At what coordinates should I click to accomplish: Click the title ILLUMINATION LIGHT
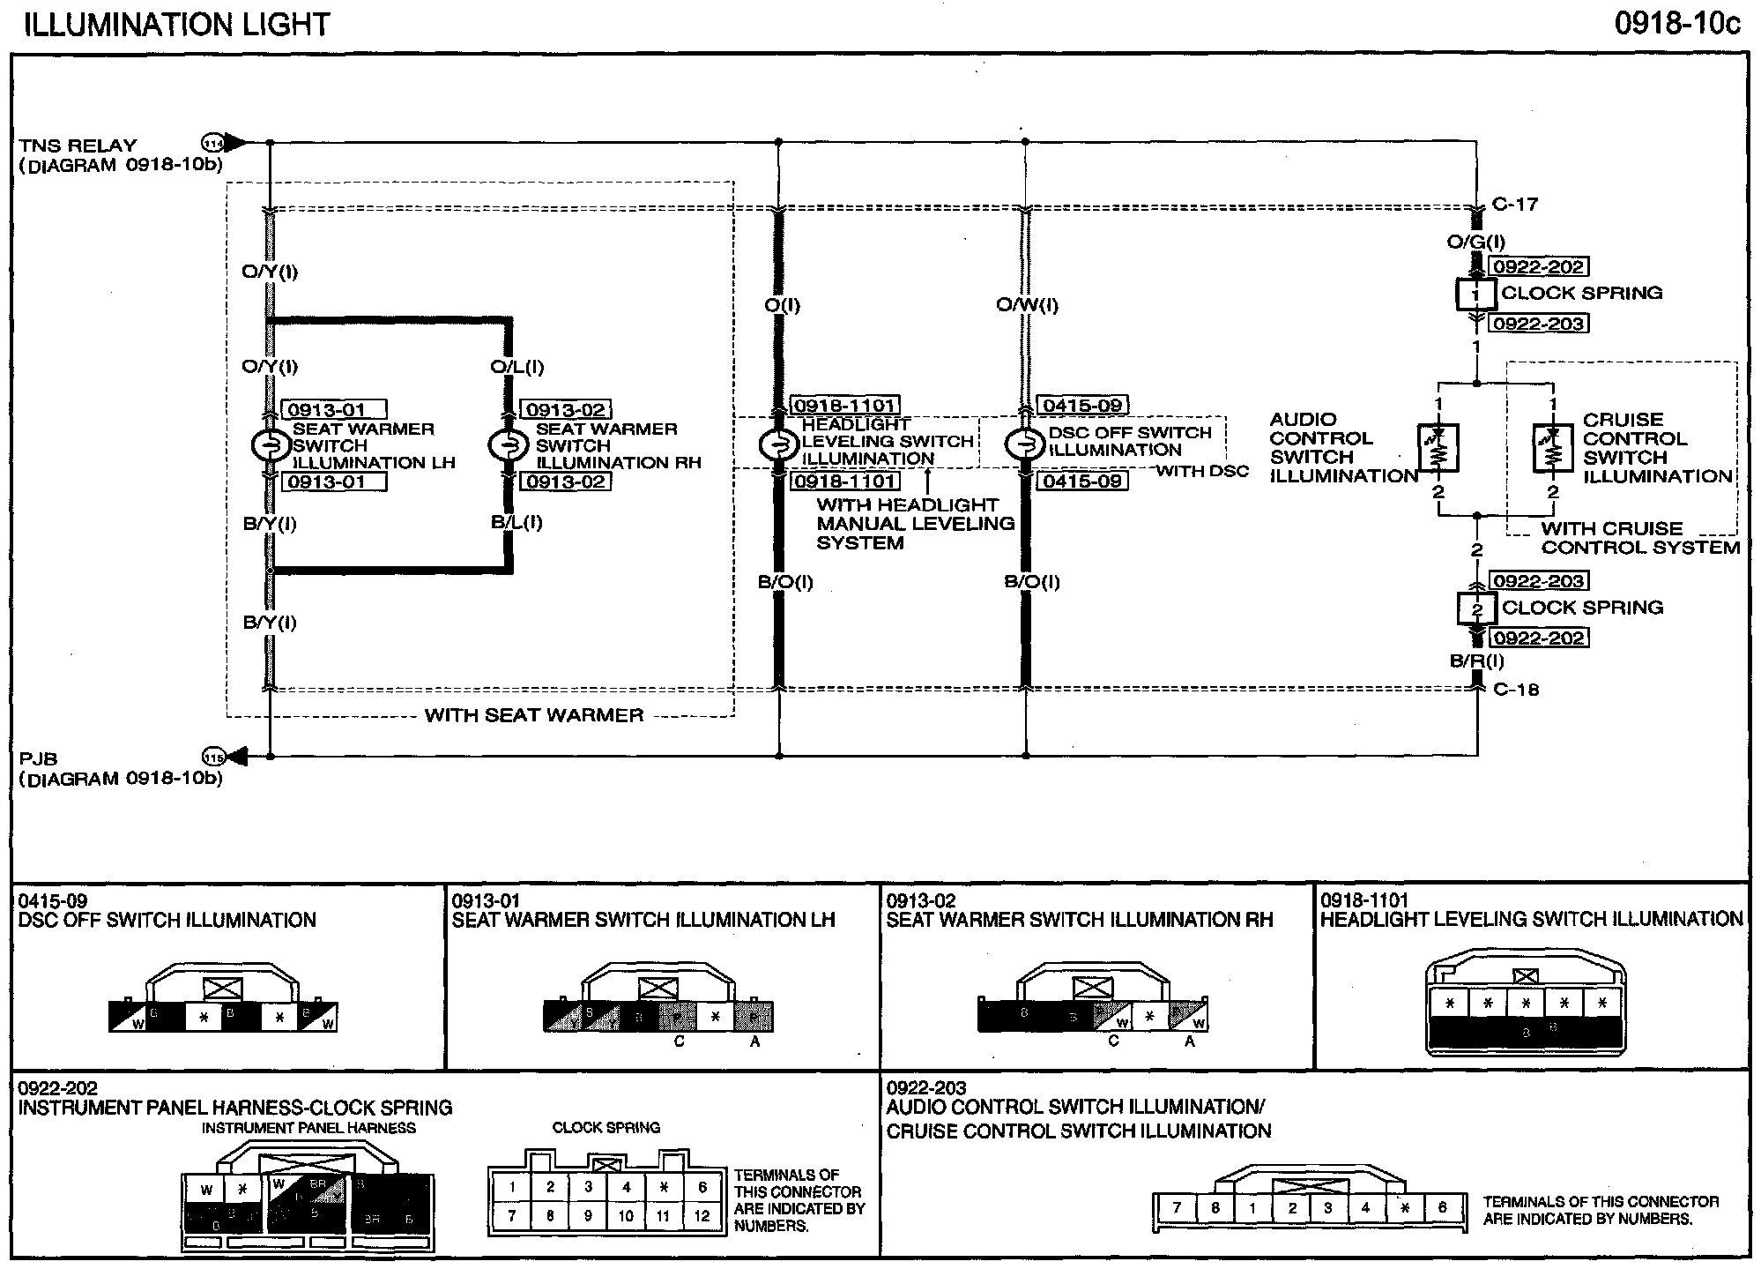[x=176, y=24]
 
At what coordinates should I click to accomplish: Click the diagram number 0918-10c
[x=1677, y=24]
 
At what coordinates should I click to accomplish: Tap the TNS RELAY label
[x=78, y=146]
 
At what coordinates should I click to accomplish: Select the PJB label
[x=38, y=759]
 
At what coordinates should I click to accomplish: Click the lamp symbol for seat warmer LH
[x=271, y=446]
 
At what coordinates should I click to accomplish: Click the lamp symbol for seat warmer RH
[x=507, y=446]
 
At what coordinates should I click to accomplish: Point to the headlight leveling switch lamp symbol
[x=778, y=446]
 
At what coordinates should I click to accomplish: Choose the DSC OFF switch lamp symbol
[x=1025, y=446]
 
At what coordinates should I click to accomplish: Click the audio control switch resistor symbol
[x=1438, y=448]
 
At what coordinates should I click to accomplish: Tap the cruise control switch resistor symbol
[x=1553, y=448]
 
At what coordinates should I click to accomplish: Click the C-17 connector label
[x=1515, y=205]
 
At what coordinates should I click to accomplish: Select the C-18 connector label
[x=1516, y=690]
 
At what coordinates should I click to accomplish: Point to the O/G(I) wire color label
[x=1476, y=242]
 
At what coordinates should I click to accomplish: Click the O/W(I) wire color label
[x=1027, y=305]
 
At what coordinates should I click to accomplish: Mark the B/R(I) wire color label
[x=1477, y=661]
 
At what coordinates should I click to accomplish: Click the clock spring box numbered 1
[x=1475, y=295]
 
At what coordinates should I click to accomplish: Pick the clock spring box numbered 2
[x=1477, y=608]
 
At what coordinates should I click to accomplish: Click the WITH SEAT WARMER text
[x=534, y=715]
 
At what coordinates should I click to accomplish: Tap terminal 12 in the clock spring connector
[x=702, y=1216]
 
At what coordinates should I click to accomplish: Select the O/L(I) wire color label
[x=517, y=367]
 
